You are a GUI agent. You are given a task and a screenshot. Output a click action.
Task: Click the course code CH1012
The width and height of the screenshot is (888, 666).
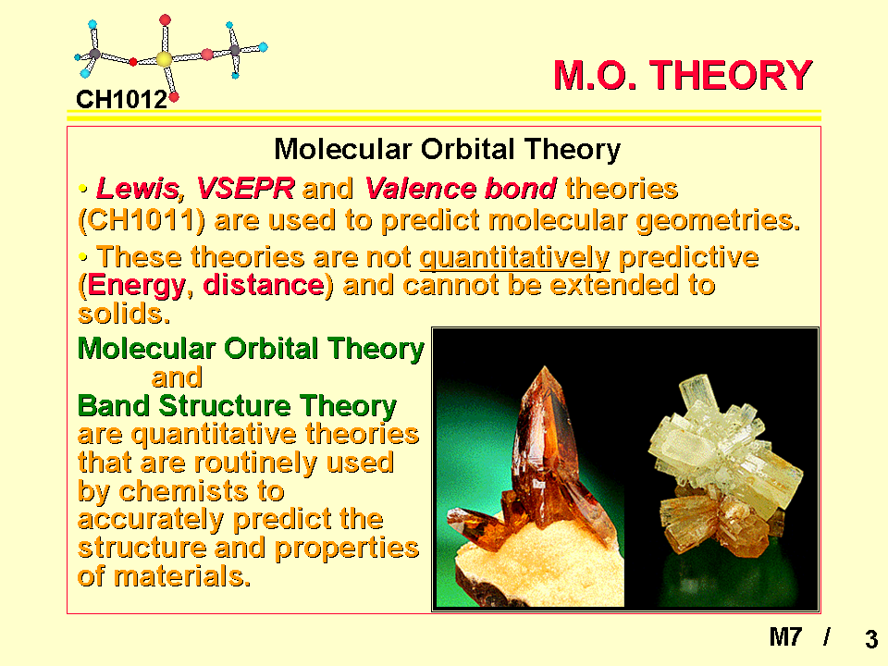point(122,100)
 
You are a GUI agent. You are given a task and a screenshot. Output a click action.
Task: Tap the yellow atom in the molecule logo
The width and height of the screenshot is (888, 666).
point(165,59)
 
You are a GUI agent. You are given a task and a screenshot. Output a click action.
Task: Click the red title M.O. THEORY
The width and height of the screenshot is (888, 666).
point(683,75)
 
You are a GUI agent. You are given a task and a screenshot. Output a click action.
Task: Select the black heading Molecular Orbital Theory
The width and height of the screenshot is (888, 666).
point(448,150)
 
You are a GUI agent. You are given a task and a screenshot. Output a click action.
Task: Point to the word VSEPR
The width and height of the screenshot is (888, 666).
point(245,189)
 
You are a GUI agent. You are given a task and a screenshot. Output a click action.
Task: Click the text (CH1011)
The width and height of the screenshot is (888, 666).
point(142,220)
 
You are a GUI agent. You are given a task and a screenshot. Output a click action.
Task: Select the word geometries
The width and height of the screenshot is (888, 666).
point(718,221)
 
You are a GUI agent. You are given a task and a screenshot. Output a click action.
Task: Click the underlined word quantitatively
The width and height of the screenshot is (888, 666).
point(515,258)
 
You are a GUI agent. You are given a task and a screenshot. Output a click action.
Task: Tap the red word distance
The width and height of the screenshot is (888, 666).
point(264,285)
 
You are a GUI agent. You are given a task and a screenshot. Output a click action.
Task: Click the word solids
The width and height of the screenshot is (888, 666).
point(124,314)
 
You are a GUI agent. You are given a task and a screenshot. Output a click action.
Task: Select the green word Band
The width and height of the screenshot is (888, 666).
point(113,406)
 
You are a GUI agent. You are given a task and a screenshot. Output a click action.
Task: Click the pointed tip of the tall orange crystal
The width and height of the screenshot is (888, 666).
point(544,367)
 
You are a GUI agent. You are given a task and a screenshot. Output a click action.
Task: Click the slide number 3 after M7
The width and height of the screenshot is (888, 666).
point(871,639)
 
